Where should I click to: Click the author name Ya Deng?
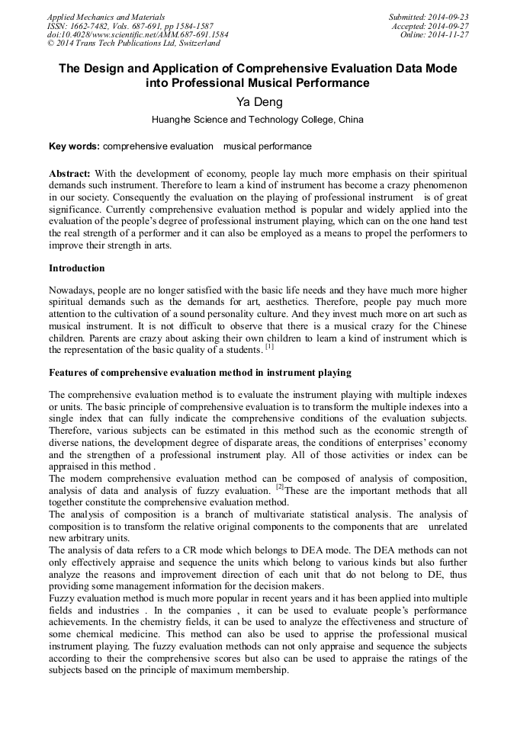coord(258,102)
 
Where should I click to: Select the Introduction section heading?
coord(77,268)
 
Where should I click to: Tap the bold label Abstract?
coord(70,174)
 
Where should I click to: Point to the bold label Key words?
coord(74,146)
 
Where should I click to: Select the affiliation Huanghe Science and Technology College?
coord(244,120)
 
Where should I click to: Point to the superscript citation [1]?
coord(269,347)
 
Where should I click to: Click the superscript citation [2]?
coord(280,486)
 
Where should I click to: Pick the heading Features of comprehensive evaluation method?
coord(200,373)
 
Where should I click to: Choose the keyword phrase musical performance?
coord(267,146)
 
